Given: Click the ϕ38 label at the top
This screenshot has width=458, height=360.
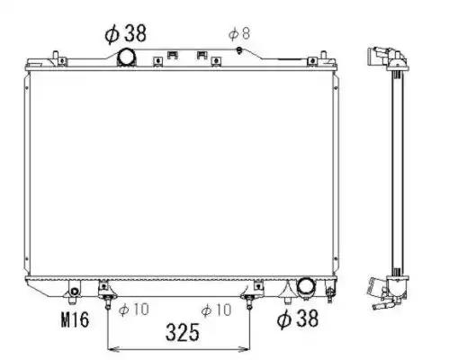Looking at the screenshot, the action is click(125, 33).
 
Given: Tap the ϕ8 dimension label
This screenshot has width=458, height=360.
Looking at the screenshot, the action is click(239, 33).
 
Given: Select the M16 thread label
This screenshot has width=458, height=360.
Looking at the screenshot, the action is click(75, 319).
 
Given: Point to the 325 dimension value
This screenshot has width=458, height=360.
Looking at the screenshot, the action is click(183, 332).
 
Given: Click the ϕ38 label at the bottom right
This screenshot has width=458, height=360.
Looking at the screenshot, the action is click(297, 319).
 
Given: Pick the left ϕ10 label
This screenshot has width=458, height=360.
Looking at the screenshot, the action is click(133, 310).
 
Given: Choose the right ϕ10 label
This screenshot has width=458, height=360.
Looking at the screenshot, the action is click(216, 310).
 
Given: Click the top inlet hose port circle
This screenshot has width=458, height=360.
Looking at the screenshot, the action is click(126, 57).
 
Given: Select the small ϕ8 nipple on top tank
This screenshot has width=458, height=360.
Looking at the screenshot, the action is click(239, 50).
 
